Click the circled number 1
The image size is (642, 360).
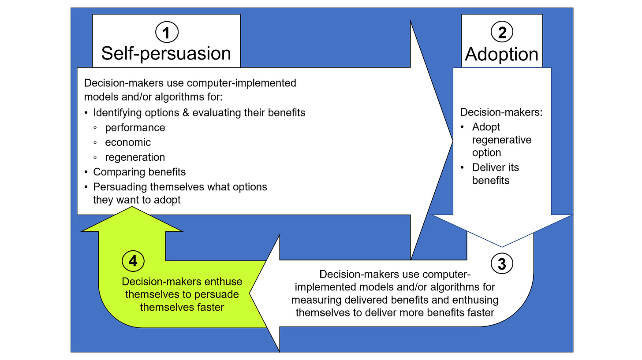tap(167, 32)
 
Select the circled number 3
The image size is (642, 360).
tap(501, 264)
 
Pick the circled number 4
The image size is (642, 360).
tap(132, 261)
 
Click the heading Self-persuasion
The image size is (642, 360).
tap(166, 53)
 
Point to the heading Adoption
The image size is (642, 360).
tap(501, 54)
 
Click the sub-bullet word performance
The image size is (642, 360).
tap(135, 128)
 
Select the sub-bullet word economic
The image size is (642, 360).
tap(128, 142)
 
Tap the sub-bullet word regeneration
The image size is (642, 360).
tap(135, 157)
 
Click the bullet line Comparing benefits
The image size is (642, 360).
tap(139, 172)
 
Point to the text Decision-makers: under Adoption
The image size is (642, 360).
tap(501, 112)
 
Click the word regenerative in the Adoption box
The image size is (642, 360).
tap(502, 140)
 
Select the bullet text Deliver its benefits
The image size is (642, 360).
tap(496, 174)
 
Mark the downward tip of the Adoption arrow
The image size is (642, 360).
tap(502, 246)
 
